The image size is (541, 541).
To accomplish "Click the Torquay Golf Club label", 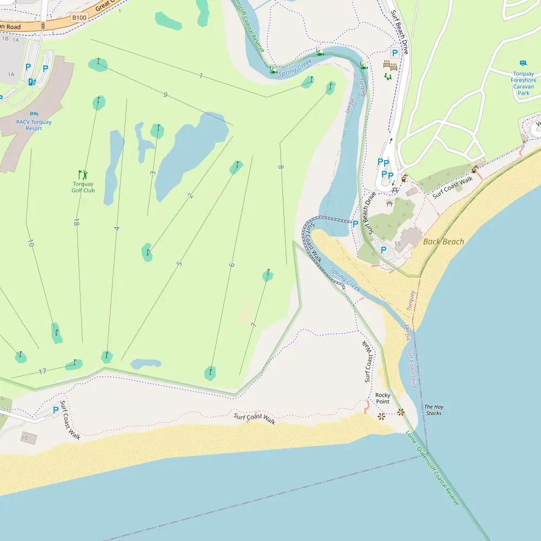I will [x=83, y=187].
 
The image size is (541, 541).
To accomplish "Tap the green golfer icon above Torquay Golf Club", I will [x=83, y=174].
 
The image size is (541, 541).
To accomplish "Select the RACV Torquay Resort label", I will [x=34, y=125].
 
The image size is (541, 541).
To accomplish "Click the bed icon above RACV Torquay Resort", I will [x=34, y=114].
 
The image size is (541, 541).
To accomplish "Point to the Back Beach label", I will [x=444, y=241].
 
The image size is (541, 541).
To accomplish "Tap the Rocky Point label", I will [x=382, y=398].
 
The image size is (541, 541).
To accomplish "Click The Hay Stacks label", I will [x=433, y=410].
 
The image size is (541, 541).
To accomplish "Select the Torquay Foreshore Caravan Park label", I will [x=523, y=83].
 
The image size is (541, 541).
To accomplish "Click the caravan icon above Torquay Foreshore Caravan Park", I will [x=523, y=63].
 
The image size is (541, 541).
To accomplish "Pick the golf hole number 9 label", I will [x=165, y=95].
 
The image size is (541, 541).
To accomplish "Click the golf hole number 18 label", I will [x=77, y=222].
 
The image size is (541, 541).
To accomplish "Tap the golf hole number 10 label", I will [x=30, y=244].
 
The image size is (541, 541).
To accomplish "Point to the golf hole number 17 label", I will [x=42, y=371].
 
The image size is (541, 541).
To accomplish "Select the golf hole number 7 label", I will [x=253, y=325].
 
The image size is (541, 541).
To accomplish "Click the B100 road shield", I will [x=80, y=17].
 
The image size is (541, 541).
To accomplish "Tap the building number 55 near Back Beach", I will [x=397, y=244].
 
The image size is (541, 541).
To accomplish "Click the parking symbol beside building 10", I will [x=55, y=410].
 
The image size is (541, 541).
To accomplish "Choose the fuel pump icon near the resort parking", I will [x=32, y=82].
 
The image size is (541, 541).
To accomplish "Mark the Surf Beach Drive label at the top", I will [x=400, y=27].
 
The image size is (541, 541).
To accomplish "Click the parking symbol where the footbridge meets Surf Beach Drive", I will [x=355, y=223].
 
